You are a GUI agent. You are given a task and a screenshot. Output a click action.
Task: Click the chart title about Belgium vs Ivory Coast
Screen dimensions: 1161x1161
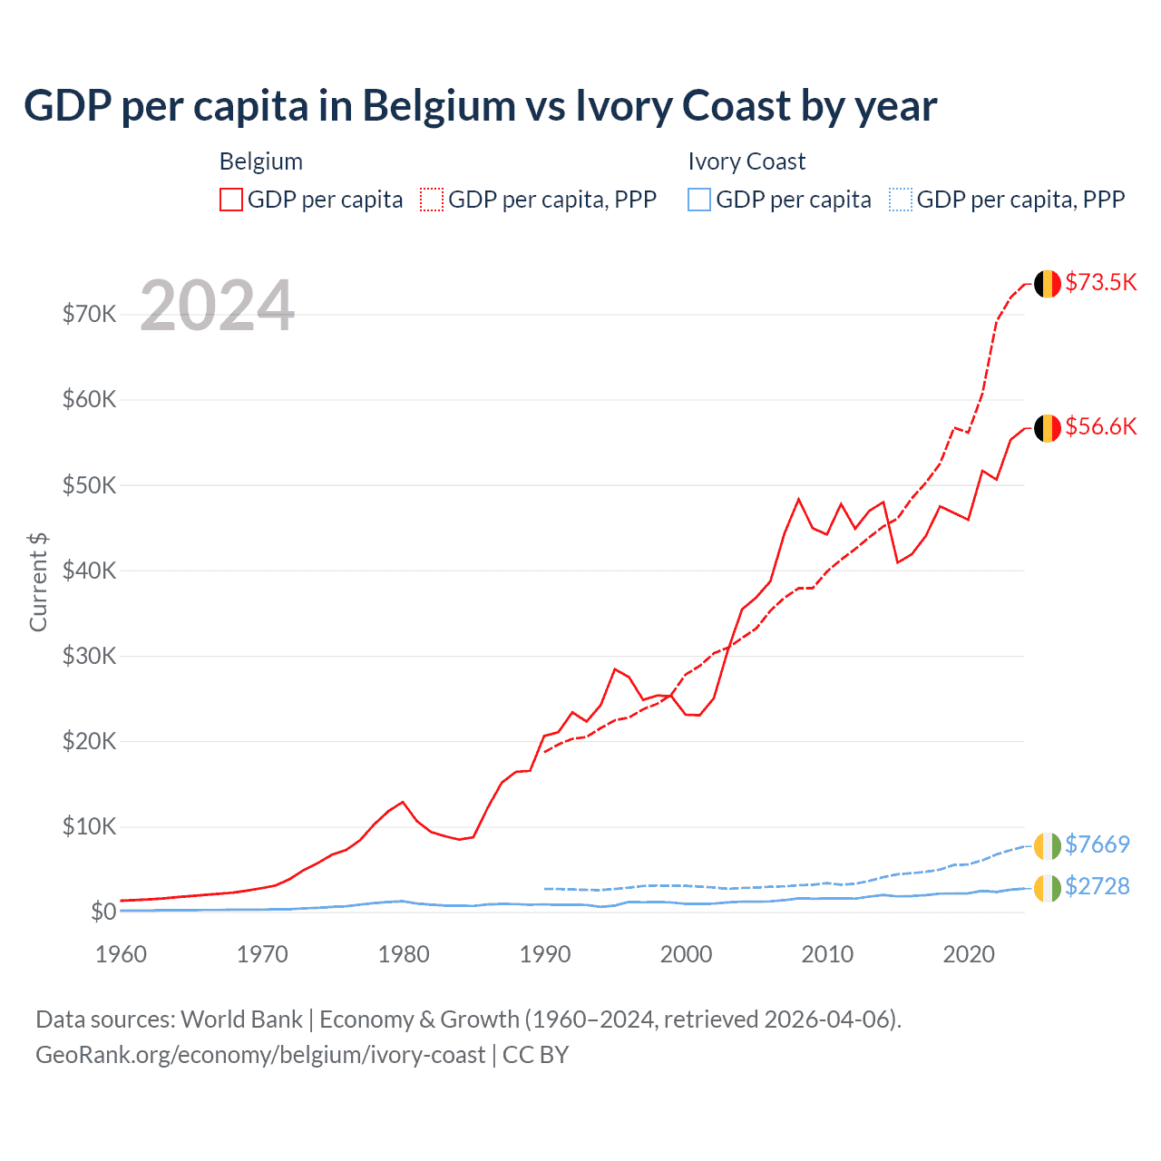pos(481,106)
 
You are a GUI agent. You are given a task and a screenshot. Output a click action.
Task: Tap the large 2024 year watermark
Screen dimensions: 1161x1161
pos(218,306)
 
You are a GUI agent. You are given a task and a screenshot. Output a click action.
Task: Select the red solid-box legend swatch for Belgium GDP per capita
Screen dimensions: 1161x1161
pos(231,200)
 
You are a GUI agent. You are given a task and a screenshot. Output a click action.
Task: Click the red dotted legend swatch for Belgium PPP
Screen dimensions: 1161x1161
pos(432,200)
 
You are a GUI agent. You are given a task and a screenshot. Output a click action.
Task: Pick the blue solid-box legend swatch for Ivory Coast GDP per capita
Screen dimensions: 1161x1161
pos(699,200)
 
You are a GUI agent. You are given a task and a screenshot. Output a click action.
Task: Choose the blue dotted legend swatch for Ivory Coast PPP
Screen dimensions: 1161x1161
pos(901,200)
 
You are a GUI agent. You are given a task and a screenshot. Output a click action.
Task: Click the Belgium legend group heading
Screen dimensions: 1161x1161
pos(261,161)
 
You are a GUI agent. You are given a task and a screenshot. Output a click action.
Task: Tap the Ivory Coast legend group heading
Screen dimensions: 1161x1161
pos(746,161)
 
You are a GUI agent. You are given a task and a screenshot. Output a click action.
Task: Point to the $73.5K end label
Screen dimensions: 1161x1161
pos(1100,282)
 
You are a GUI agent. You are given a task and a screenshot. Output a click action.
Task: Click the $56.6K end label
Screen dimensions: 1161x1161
pos(1100,426)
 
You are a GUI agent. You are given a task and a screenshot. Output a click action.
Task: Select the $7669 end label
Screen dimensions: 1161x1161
pos(1097,844)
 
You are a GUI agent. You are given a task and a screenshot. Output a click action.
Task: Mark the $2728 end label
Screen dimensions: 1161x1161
pos(1097,886)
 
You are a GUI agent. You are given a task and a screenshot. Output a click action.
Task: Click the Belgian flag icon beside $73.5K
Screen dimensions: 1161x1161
pos(1048,284)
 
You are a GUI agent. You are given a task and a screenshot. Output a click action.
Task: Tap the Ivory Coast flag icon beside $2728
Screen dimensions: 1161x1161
pos(1048,888)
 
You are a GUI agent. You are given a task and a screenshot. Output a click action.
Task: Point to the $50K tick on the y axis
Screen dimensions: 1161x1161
pos(89,485)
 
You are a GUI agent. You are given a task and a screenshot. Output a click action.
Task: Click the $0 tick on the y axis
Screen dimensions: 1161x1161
pos(103,912)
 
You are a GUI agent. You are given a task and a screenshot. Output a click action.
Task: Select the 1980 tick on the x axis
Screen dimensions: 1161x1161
pos(404,954)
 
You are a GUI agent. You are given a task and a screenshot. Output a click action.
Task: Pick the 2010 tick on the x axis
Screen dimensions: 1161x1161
pos(827,954)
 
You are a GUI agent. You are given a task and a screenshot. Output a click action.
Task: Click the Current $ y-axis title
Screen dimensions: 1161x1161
pos(38,582)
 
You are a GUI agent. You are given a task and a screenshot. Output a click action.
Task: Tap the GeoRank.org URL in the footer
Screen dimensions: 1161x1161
pos(260,1055)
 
